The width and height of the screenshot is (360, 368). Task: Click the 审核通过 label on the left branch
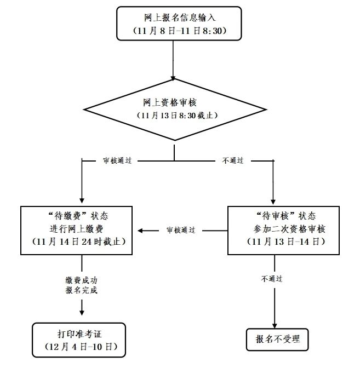tap(117, 161)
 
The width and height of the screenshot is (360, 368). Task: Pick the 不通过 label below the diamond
tap(232, 161)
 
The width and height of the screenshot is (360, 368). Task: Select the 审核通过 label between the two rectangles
tap(180, 231)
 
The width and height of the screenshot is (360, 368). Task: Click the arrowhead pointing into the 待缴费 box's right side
tap(140, 231)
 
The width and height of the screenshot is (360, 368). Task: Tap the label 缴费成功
tap(82, 279)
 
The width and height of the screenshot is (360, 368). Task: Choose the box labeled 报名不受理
tap(274, 338)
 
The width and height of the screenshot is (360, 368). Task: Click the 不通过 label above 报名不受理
tap(272, 278)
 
